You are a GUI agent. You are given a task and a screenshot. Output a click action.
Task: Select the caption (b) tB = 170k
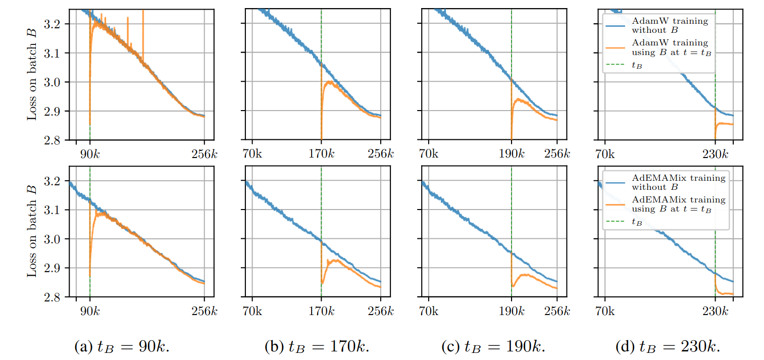317,347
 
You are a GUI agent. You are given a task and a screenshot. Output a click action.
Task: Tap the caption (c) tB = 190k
493,347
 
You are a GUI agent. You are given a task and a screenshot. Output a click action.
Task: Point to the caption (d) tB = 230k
668,347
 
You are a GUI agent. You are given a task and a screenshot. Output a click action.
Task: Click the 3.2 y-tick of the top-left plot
54,24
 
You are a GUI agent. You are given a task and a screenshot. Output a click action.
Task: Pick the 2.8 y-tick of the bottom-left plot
54,297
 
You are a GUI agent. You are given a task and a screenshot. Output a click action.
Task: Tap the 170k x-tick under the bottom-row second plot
321,311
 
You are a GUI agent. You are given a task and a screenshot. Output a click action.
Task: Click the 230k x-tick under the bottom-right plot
715,311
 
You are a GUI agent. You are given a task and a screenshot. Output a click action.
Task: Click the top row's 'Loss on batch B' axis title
32,74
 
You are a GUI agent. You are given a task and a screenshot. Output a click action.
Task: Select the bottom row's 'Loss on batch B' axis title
32,232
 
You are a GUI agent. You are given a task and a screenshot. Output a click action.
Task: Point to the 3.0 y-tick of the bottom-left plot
54,239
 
